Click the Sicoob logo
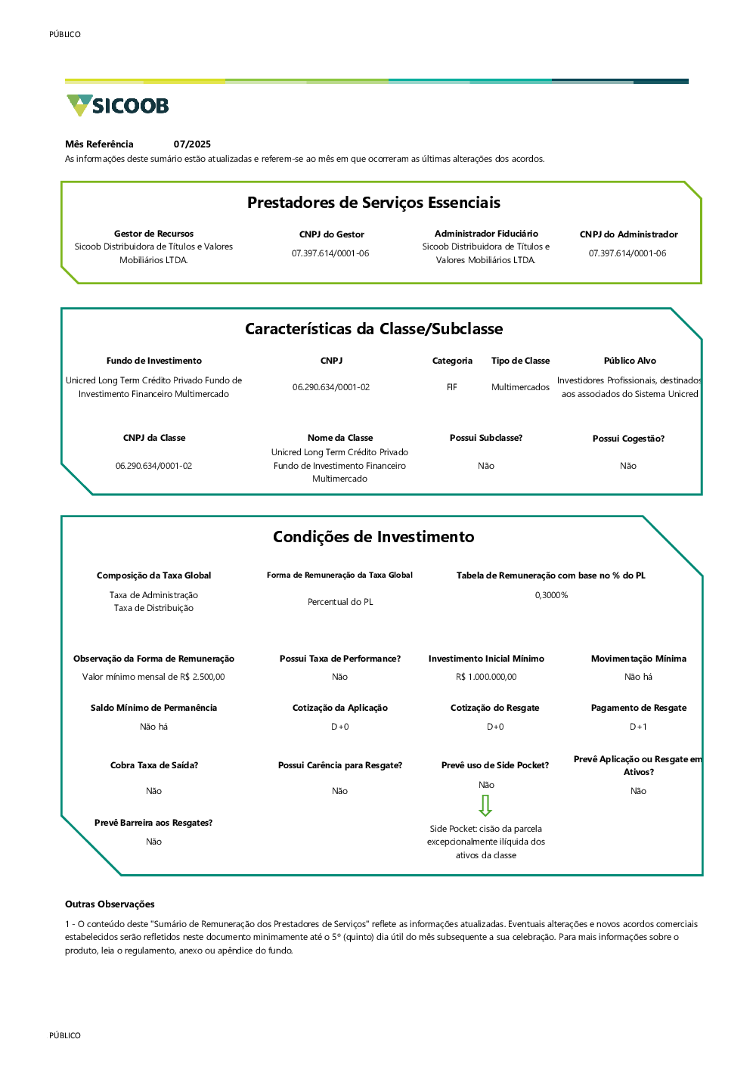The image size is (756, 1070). click(x=117, y=105)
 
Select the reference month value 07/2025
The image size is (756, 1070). click(x=192, y=144)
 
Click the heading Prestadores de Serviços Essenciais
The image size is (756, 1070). click(x=373, y=203)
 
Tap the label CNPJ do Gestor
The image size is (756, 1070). click(x=331, y=234)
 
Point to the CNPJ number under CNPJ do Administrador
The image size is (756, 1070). click(x=627, y=253)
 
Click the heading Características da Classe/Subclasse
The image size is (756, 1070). click(x=373, y=329)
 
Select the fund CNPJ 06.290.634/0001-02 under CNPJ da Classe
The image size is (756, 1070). click(x=153, y=466)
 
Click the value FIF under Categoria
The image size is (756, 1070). click(x=451, y=387)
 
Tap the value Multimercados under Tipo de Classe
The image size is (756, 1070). click(x=520, y=387)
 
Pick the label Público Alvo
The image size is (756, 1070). click(x=630, y=361)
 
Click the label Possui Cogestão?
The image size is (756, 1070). click(x=628, y=439)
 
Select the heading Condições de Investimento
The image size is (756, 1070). click(x=373, y=537)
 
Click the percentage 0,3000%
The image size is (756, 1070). click(x=551, y=595)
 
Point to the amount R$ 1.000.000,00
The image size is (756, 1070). click(x=486, y=677)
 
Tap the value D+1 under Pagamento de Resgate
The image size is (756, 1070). click(x=638, y=727)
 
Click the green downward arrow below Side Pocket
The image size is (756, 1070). click(x=485, y=805)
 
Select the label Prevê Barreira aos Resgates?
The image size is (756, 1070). click(x=153, y=823)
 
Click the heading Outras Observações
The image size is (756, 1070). click(x=110, y=904)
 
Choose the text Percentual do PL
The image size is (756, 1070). click(x=340, y=602)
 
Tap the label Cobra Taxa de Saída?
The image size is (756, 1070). click(x=154, y=765)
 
